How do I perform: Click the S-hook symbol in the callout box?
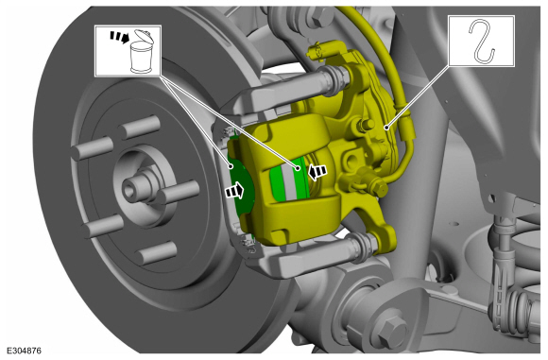tap(482, 42)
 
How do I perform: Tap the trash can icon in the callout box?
tap(142, 52)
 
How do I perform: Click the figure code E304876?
tap(25, 351)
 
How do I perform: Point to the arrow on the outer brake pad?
tap(234, 191)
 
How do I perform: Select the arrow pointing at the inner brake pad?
tap(317, 172)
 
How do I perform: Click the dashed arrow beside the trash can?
tap(120, 37)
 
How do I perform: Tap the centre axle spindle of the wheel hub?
tap(134, 189)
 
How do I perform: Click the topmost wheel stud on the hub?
tap(140, 127)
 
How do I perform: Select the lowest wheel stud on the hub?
tap(156, 252)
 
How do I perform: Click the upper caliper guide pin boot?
tap(336, 79)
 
